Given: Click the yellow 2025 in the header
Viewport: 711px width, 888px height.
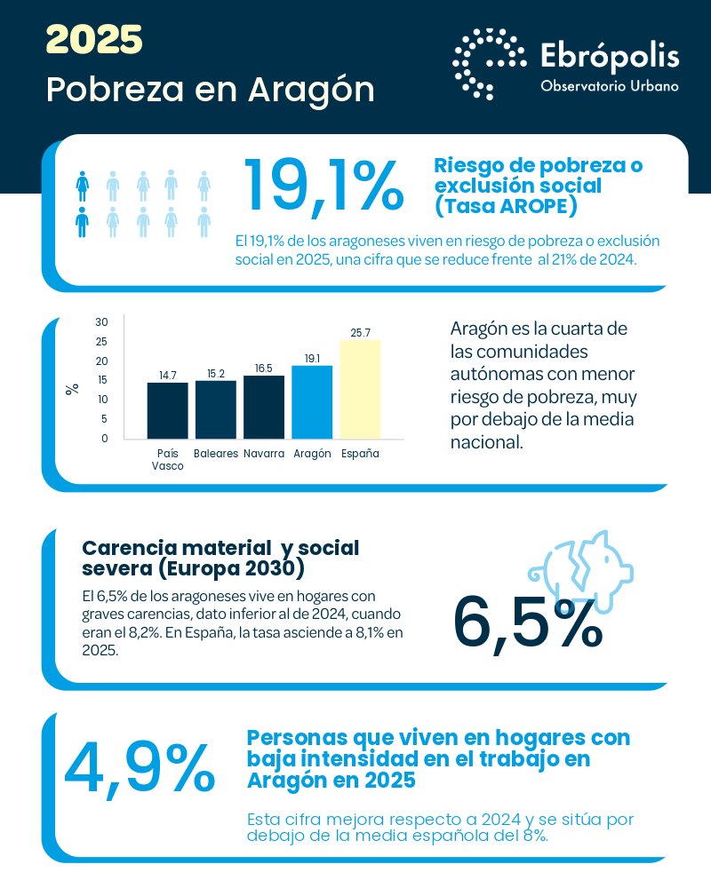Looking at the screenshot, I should tap(94, 39).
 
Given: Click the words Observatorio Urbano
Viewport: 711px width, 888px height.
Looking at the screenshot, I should tap(610, 86).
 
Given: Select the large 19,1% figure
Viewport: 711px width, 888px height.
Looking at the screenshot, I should tap(323, 187).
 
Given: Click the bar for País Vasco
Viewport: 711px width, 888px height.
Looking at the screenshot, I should tap(167, 410).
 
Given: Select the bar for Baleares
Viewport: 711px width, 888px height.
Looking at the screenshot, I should tap(215, 409).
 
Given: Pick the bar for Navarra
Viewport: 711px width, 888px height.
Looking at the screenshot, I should tap(263, 407).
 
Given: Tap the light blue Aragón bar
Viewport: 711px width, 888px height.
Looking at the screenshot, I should tap(312, 401).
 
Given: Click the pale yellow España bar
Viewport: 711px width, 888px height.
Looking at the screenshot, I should tap(360, 389).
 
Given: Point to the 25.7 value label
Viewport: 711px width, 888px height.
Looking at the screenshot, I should tap(360, 332).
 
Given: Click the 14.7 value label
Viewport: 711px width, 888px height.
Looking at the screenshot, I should tap(167, 376).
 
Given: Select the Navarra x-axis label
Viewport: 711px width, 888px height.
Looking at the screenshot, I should tap(263, 454).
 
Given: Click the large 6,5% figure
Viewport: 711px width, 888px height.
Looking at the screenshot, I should tap(528, 622).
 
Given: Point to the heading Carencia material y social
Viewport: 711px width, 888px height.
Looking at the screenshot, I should tap(220, 548).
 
